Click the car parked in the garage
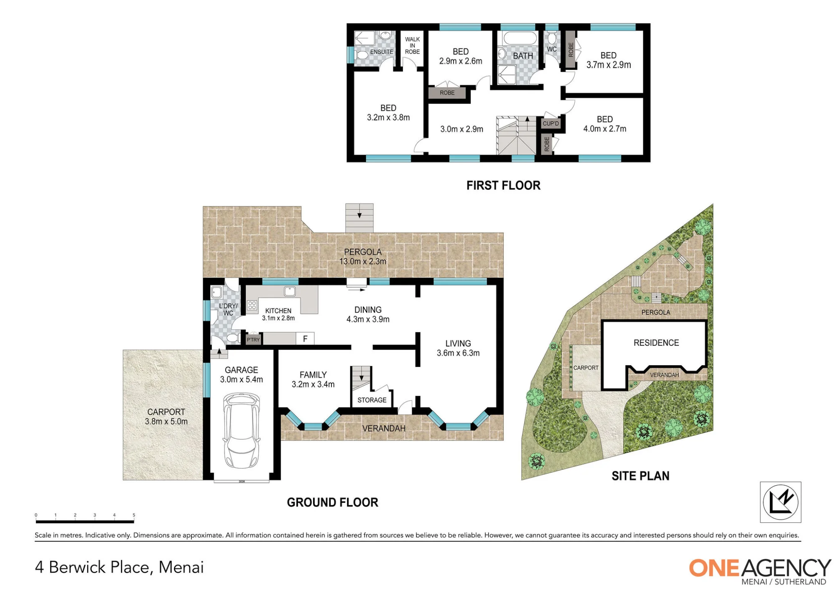click(242, 430)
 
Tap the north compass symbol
click(780, 502)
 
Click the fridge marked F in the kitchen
click(305, 339)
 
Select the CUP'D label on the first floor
click(551, 124)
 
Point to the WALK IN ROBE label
click(412, 46)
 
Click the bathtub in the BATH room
click(520, 38)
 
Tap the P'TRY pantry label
click(253, 340)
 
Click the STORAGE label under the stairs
click(372, 400)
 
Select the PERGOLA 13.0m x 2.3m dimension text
click(363, 257)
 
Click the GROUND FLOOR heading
click(332, 502)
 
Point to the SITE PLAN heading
click(640, 476)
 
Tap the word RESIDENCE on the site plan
click(656, 343)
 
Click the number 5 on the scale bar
click(134, 515)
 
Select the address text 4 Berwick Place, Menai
click(120, 567)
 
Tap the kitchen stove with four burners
click(252, 306)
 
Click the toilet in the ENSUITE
click(362, 55)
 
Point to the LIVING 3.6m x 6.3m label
click(458, 348)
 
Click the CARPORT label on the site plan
click(586, 368)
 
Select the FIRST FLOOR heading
click(503, 186)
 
